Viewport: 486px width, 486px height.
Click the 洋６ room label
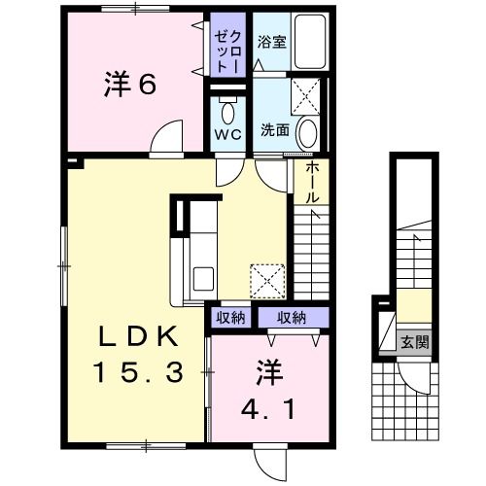(x=129, y=85)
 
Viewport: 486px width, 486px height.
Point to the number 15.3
(x=138, y=371)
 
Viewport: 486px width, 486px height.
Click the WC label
(x=227, y=134)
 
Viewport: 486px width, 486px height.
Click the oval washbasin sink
(x=308, y=131)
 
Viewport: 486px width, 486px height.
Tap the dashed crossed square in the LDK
(x=265, y=279)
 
